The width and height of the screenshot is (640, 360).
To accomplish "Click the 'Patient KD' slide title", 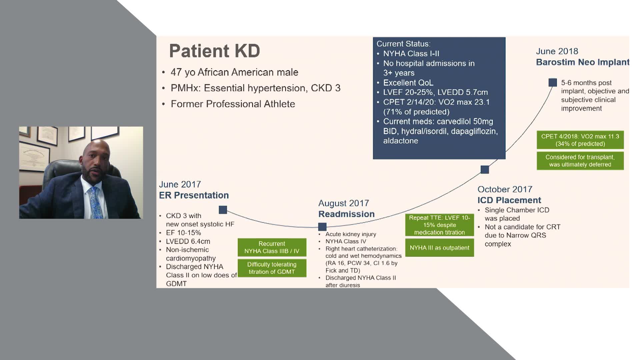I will click(214, 51).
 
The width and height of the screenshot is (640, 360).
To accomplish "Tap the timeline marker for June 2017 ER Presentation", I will click(223, 210).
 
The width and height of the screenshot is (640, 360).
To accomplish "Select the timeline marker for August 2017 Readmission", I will click(322, 227).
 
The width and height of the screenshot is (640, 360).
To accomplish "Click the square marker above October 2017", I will click(485, 170).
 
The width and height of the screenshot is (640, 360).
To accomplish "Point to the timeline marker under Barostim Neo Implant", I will click(552, 82).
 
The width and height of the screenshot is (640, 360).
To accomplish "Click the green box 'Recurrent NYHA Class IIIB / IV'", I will click(272, 247).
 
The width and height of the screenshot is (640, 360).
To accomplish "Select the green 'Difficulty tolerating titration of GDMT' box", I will click(272, 268).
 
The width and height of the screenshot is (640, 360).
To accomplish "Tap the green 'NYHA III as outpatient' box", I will click(439, 248).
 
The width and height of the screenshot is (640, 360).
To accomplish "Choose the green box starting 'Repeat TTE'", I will click(439, 225).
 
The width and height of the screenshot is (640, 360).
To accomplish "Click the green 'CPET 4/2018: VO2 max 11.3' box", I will click(580, 140).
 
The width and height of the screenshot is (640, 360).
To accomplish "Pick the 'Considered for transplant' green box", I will click(580, 161).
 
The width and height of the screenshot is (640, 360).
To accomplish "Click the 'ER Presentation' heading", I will click(194, 195).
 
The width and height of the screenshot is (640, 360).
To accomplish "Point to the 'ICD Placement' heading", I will click(509, 200).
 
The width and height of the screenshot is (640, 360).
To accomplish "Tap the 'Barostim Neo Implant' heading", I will click(582, 62).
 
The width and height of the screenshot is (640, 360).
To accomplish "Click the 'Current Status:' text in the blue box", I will click(403, 44).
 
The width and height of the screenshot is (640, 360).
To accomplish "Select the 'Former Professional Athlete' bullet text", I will click(233, 104).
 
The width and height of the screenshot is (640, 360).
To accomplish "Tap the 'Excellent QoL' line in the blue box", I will click(408, 83).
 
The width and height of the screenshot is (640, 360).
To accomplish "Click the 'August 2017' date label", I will click(343, 203).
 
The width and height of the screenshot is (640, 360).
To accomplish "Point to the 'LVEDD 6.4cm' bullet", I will click(188, 241).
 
